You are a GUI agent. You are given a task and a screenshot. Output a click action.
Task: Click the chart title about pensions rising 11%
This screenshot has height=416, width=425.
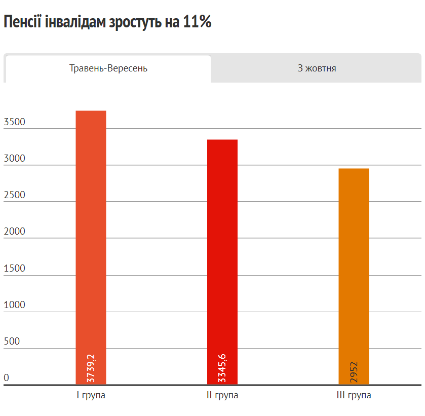[x=107, y=22]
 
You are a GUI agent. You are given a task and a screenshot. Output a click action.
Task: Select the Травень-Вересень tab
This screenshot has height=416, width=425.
[x=108, y=68]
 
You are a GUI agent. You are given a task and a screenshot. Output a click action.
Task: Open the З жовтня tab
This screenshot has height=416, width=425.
[x=317, y=68]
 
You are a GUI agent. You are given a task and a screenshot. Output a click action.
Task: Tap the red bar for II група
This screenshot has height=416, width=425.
[x=222, y=253]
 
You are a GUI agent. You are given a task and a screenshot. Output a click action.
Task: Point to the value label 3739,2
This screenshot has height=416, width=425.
[x=91, y=368]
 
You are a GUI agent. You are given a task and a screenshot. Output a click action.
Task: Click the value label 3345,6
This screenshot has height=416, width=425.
[x=222, y=368]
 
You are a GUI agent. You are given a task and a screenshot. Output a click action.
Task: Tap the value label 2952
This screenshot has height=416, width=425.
[x=354, y=372]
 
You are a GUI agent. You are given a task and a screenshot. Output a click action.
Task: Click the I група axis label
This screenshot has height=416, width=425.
[x=91, y=395]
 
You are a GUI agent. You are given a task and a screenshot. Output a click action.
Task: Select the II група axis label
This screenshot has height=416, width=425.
[x=222, y=395]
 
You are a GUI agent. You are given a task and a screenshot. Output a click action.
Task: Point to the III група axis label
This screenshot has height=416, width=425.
[x=354, y=395]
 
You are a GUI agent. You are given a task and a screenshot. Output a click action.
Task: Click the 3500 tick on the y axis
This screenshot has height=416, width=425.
[x=14, y=122]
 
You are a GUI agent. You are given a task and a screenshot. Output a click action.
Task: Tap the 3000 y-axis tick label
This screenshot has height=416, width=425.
[x=14, y=159]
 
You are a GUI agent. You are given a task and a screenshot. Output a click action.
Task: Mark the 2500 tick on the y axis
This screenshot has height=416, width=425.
[x=14, y=195]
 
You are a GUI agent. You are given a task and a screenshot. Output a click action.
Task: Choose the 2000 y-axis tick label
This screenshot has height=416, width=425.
[x=14, y=232]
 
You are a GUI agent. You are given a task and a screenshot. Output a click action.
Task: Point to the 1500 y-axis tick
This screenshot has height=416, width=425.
[x=14, y=268]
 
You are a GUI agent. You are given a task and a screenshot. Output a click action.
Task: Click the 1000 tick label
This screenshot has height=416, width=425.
[x=14, y=305]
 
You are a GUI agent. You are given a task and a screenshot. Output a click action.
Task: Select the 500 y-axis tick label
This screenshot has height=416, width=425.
[x=12, y=341]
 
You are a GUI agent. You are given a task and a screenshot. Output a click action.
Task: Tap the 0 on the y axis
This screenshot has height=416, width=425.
[x=7, y=377]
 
